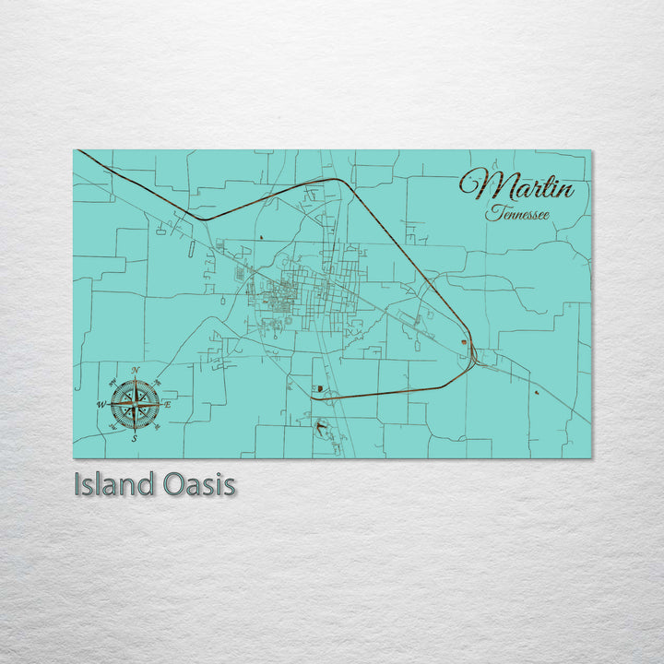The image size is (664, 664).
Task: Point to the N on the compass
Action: pos(136,371)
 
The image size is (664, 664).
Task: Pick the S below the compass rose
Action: pos(135,438)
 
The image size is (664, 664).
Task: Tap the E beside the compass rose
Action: pos(168,404)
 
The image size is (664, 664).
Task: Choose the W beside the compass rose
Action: pos(101,404)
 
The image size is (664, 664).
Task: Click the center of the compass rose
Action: pos(135,404)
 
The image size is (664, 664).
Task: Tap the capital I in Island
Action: pos(78,484)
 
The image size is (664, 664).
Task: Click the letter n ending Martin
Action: pos(563,191)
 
